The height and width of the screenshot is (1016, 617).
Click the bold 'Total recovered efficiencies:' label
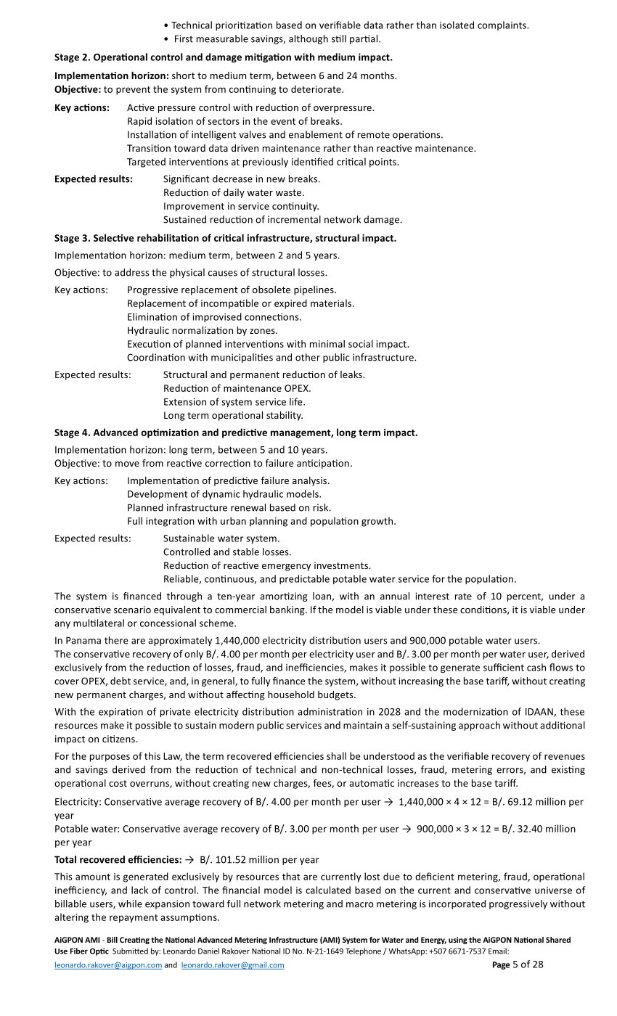click(118, 859)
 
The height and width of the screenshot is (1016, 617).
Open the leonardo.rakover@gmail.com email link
click(232, 965)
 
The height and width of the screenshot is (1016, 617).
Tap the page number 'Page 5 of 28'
click(518, 964)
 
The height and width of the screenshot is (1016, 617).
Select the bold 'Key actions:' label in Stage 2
click(82, 107)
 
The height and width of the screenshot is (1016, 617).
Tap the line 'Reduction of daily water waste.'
click(234, 192)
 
